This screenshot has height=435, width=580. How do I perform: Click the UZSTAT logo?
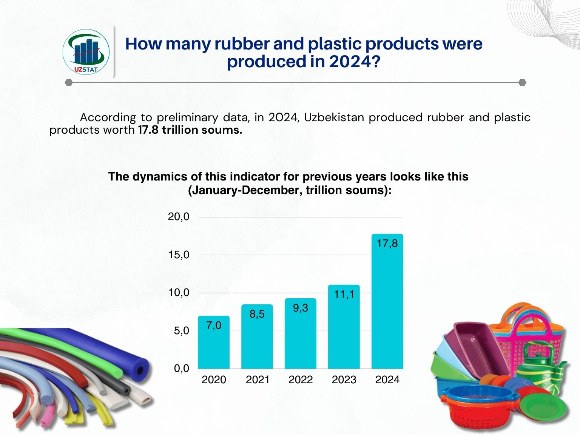point(86,52)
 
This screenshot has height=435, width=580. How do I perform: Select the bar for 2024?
point(387,301)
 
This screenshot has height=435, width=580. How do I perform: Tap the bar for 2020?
point(214,342)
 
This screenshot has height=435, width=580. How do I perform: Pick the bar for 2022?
point(301,333)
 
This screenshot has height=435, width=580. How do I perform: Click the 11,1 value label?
point(344,294)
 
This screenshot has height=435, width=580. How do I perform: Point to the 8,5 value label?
point(257,314)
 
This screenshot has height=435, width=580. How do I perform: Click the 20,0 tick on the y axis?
point(179,217)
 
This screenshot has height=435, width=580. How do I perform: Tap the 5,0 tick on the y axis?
point(182,331)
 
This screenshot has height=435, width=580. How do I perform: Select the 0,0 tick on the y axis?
point(182,369)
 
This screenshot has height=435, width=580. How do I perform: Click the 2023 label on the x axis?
point(344,380)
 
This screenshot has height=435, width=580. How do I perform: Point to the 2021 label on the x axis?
point(258,380)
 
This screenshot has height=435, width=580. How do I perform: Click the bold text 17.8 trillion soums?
point(190,130)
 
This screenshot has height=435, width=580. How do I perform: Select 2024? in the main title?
point(355,61)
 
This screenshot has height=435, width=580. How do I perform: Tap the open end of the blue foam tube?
point(140,370)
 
